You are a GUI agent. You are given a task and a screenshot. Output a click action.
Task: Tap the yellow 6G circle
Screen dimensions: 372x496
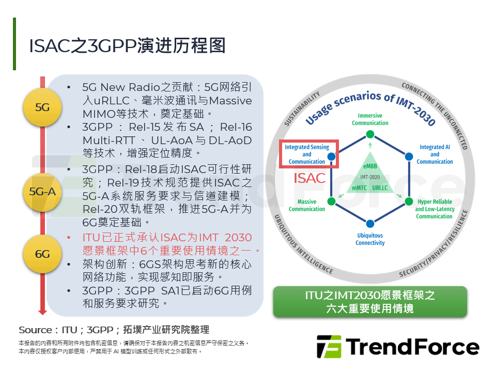click(42, 254)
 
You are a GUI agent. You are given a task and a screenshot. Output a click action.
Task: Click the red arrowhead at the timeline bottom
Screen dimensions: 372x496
click(42, 312)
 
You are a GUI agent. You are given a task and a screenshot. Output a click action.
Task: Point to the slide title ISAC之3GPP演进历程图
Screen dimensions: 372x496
click(127, 45)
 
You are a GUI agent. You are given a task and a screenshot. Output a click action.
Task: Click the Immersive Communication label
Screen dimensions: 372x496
click(370, 119)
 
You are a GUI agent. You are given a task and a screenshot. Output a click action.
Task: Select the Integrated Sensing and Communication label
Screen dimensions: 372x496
click(307, 154)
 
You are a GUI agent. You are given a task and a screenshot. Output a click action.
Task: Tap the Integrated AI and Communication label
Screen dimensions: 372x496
click(435, 154)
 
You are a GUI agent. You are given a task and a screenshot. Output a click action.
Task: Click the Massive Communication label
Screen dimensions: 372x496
click(307, 205)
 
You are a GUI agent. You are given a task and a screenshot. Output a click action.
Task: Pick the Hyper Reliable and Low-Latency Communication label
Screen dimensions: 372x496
click(435, 209)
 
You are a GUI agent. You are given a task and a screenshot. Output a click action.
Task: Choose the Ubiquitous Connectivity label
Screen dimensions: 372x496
click(370, 239)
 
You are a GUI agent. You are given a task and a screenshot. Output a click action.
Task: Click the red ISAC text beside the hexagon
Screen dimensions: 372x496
click(309, 179)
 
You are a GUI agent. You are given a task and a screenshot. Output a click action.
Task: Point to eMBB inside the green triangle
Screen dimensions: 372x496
click(370, 166)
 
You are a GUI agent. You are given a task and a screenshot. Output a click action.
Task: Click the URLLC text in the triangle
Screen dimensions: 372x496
click(380, 188)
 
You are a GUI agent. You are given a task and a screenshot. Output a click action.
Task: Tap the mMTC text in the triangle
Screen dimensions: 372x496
click(359, 188)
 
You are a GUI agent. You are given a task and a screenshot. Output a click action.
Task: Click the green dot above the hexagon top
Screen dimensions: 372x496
click(370, 134)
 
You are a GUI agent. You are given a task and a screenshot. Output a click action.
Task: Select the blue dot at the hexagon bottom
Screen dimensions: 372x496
click(370, 224)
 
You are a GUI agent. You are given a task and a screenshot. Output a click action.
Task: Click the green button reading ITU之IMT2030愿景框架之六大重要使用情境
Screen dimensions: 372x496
click(369, 302)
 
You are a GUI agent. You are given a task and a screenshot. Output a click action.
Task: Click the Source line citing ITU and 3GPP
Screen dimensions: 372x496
click(114, 330)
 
